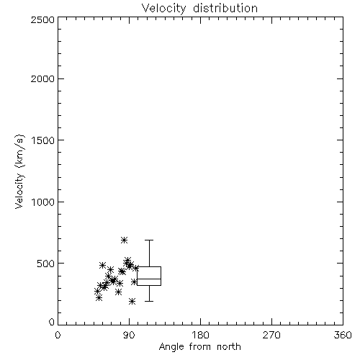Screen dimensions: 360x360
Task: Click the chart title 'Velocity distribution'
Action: [199, 8]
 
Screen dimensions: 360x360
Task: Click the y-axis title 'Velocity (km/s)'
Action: [19, 171]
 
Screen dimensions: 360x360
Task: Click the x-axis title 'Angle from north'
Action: [199, 346]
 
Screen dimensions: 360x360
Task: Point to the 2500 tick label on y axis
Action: [42, 19]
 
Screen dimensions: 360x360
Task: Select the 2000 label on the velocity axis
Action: [42, 78]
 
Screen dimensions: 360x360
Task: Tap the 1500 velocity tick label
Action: [43, 140]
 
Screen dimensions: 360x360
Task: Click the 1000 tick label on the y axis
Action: [43, 202]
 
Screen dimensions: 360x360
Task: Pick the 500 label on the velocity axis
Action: [46, 264]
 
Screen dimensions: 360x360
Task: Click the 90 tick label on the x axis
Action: [129, 335]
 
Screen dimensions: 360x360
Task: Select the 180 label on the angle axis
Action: [200, 335]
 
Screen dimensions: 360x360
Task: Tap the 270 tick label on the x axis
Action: [271, 335]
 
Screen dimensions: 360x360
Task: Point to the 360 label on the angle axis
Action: [343, 335]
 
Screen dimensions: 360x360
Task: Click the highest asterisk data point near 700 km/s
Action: [124, 240]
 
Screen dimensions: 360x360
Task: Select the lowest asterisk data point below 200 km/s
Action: [132, 301]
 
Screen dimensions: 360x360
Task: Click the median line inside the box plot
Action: [149, 279]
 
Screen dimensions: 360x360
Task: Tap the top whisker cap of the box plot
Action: [149, 240]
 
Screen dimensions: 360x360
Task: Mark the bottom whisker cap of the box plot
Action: [149, 301]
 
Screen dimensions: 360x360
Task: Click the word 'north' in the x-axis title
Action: [229, 346]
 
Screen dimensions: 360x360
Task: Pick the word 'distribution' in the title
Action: [225, 8]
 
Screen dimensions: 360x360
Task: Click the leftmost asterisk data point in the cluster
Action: [97, 292]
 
